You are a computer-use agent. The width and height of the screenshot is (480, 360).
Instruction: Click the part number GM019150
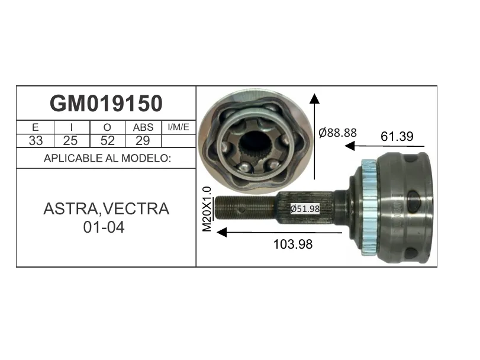106,104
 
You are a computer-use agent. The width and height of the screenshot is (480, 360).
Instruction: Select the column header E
35,127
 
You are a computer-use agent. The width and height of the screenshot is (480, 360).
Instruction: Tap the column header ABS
143,127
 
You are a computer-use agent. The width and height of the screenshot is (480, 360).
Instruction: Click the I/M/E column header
179,127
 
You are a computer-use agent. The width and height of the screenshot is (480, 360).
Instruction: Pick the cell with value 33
36,141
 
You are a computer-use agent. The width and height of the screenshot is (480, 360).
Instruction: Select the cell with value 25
70,141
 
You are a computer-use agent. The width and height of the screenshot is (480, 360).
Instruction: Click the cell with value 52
108,141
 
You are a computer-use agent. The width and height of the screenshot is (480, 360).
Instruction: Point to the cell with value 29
143,141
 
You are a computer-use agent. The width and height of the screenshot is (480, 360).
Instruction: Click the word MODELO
146,158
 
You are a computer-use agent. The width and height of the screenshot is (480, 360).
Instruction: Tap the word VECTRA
136,209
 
